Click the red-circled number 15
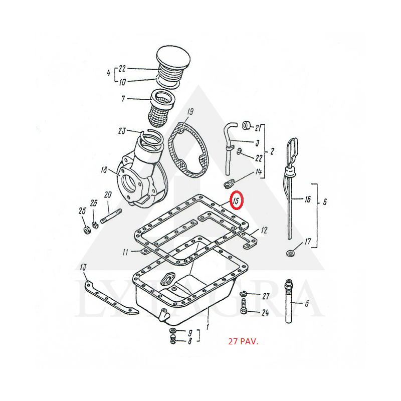[237, 200]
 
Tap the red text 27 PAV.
[243, 342]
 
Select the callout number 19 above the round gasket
[190, 112]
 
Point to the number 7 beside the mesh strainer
[123, 98]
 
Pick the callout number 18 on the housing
[104, 169]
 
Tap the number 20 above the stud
[108, 195]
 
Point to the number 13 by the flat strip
[83, 267]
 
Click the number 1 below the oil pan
[208, 327]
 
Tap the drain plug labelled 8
[173, 340]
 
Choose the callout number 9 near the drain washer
[190, 333]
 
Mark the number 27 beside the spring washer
[266, 296]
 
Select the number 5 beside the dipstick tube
[307, 304]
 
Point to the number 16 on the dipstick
[307, 199]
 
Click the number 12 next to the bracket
[264, 231]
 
